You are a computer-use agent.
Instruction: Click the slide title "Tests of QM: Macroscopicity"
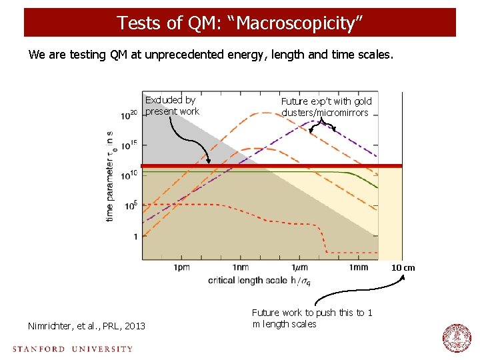click(x=240, y=23)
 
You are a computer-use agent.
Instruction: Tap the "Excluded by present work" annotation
click(x=171, y=106)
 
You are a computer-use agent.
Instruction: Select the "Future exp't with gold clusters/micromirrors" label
click(x=326, y=107)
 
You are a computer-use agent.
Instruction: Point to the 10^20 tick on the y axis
click(x=129, y=115)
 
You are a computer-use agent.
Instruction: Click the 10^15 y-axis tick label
click(x=129, y=145)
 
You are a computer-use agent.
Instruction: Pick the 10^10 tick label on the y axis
click(x=129, y=175)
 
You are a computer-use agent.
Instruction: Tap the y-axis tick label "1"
click(x=135, y=236)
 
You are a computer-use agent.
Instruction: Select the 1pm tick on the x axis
click(x=181, y=267)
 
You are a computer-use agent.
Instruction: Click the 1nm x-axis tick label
click(x=241, y=267)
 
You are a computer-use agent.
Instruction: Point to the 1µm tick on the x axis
click(x=299, y=267)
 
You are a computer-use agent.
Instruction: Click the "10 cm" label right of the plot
click(x=403, y=268)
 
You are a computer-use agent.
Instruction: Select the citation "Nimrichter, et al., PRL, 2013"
click(x=86, y=326)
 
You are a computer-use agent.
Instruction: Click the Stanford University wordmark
click(x=72, y=348)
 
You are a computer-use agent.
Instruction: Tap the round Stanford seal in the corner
click(x=457, y=338)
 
